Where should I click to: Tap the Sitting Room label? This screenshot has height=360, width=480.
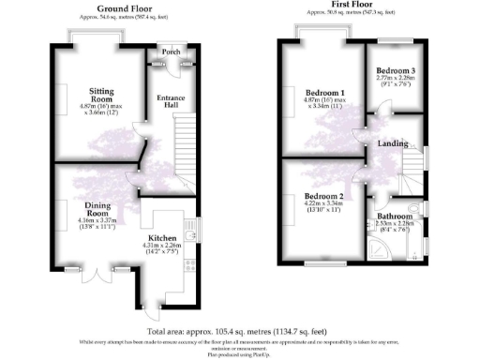pyautogui.click(x=100, y=95)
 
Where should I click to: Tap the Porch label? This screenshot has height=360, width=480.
pyautogui.click(x=171, y=52)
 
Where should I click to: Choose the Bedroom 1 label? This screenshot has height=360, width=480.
pyautogui.click(x=326, y=92)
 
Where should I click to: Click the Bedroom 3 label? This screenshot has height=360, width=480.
pyautogui.click(x=397, y=71)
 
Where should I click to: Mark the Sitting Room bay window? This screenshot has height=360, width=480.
pyautogui.click(x=95, y=35)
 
